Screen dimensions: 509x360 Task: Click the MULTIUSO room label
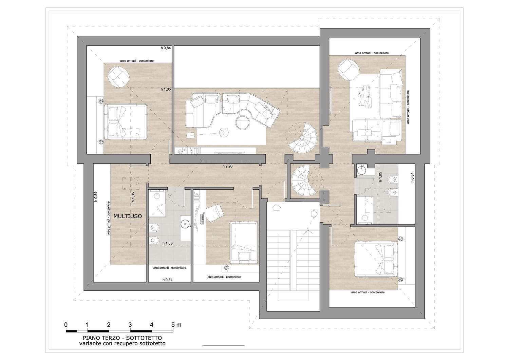(x=128, y=216)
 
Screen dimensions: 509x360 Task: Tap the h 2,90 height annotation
(x=227, y=166)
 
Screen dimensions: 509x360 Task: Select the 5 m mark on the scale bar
(x=176, y=325)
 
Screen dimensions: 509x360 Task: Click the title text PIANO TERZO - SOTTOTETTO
(x=122, y=338)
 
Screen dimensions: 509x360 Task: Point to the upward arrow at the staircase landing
(x=276, y=207)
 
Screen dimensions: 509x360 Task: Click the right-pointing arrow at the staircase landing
(x=315, y=214)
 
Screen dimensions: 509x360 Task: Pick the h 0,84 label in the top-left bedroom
(x=166, y=48)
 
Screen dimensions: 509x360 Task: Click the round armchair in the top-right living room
(x=349, y=70)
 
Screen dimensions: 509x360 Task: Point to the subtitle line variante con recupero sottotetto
(x=122, y=343)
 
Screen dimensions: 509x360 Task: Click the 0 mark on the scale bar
(x=66, y=325)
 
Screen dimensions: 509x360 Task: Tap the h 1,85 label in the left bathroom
(x=168, y=243)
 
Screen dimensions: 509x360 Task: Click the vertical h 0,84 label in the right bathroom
(x=412, y=177)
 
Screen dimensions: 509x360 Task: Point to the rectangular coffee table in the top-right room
(x=364, y=96)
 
